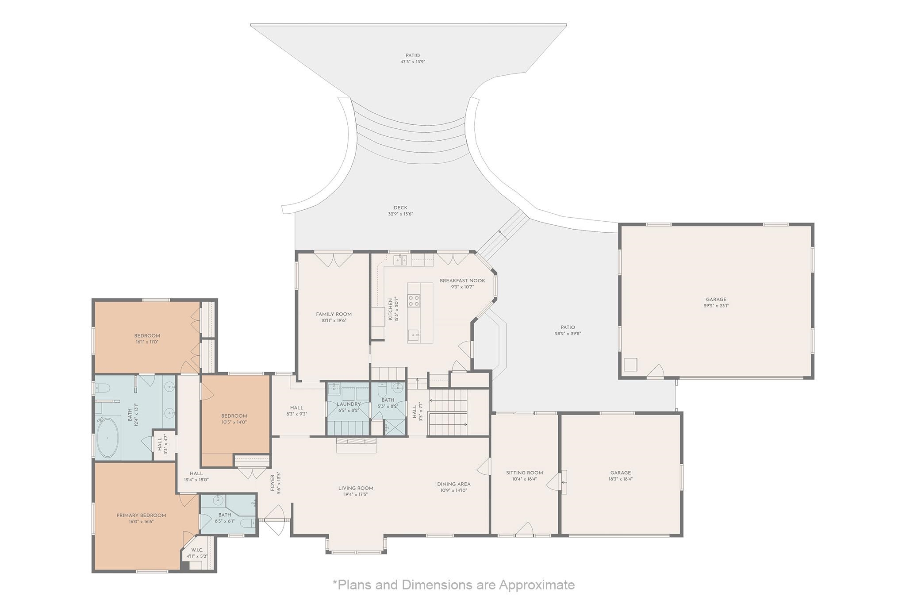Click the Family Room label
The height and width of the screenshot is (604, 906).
point(334,314)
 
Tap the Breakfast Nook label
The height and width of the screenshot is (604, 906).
point(462,281)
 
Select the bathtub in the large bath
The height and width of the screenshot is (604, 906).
point(108,438)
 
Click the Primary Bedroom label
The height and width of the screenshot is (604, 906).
point(141,515)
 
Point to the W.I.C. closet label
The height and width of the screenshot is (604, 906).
point(197,550)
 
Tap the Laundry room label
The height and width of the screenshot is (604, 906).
point(349,404)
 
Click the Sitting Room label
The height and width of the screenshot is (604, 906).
point(525,473)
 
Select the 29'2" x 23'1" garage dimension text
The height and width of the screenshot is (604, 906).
point(716,305)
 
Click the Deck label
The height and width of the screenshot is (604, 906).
point(400,208)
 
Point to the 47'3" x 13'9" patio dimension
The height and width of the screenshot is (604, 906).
point(413,62)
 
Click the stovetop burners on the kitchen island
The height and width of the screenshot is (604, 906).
point(414,301)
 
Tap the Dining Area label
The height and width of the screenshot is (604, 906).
point(454,484)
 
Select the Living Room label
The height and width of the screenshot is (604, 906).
point(356,488)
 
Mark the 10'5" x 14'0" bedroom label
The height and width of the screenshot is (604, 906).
point(234,422)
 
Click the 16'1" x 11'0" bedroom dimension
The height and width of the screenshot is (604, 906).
point(147,342)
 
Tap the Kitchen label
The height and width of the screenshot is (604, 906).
point(390,309)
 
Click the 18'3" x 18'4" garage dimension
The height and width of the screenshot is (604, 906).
point(621,478)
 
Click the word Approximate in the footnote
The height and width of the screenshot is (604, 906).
point(537,585)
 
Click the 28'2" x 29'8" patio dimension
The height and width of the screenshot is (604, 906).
point(568,333)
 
